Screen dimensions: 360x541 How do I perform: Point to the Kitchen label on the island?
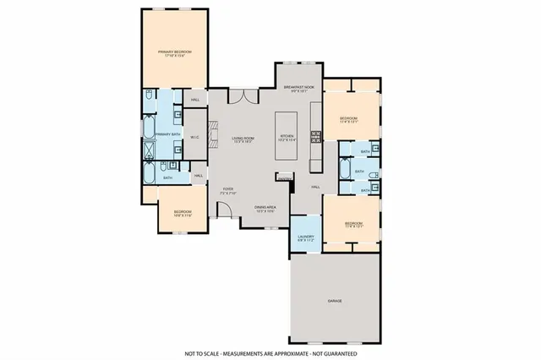pyautogui.click(x=287, y=139)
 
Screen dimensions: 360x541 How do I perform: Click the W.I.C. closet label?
pyautogui.click(x=194, y=136)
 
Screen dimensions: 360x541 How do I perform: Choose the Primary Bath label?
pyautogui.click(x=167, y=134)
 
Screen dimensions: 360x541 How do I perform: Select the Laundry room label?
pyautogui.click(x=305, y=238)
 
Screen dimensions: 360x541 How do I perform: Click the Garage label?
pyautogui.click(x=336, y=300)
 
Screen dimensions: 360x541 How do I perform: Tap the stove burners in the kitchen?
pyautogui.click(x=316, y=134)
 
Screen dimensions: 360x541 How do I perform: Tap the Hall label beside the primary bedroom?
pyautogui.click(x=195, y=100)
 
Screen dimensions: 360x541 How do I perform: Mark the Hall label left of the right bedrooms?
pyautogui.click(x=314, y=186)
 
